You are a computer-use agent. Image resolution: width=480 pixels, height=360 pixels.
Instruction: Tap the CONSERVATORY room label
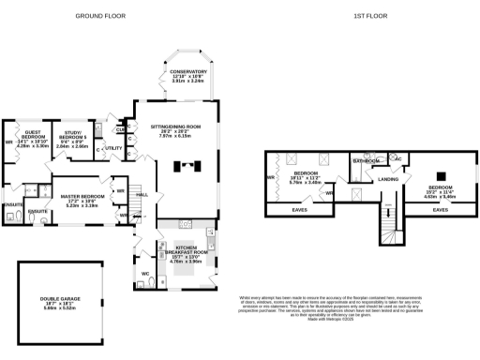click(188, 71)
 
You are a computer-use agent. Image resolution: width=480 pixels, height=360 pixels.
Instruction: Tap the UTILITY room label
click(113, 148)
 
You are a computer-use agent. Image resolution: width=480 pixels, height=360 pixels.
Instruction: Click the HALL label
click(143, 194)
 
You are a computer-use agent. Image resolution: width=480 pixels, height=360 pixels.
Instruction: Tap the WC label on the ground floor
click(145, 274)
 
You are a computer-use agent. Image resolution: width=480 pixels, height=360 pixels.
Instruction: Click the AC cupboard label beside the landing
click(397, 159)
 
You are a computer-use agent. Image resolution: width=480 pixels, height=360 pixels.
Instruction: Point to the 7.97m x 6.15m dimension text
click(177, 137)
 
